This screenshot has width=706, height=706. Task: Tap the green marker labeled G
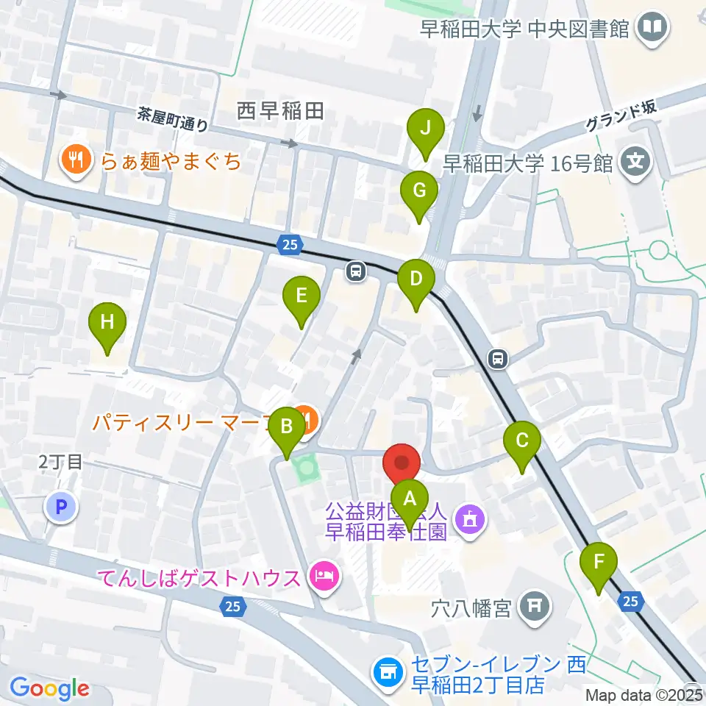pyautogui.click(x=419, y=192)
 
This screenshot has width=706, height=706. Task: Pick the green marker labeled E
pyautogui.click(x=302, y=298)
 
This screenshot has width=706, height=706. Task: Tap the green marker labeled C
pyautogui.click(x=522, y=443)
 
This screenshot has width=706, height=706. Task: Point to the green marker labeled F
pyautogui.click(x=599, y=565)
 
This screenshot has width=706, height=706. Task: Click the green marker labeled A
pyautogui.click(x=410, y=500)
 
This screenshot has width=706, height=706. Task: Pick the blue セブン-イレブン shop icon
pyautogui.click(x=388, y=671)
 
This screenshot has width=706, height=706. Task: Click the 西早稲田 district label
pyautogui.click(x=280, y=112)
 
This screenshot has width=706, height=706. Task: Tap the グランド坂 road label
pyautogui.click(x=621, y=115)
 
